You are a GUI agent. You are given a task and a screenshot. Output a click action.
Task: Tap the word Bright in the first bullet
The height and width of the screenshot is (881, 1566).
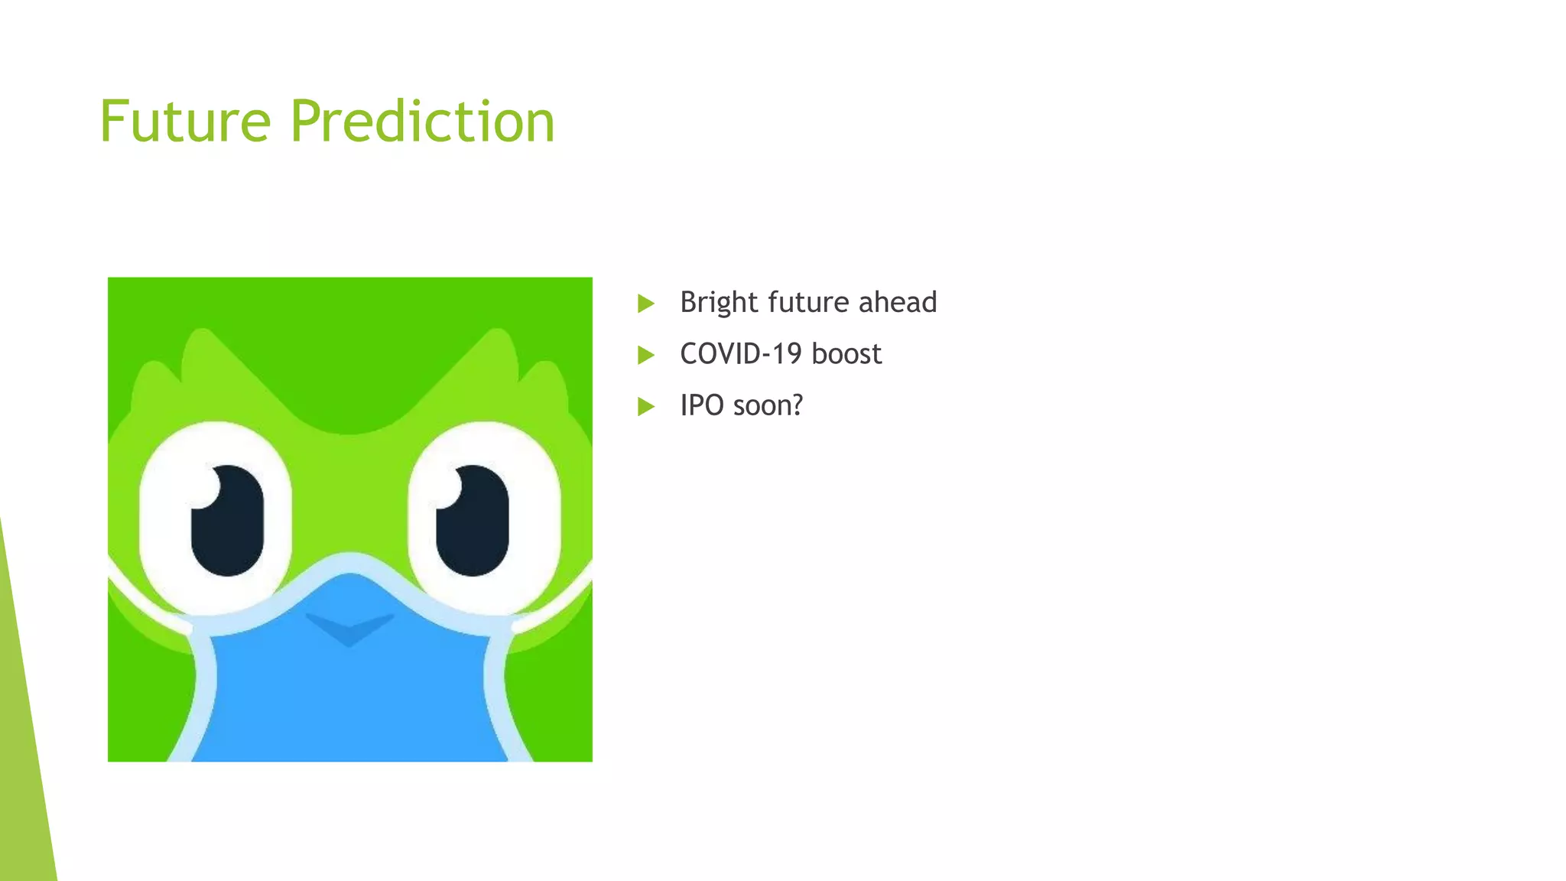point(719,302)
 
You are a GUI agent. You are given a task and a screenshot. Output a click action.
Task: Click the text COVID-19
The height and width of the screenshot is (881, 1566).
point(740,353)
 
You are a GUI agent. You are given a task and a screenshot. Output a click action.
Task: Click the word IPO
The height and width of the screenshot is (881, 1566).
point(701,405)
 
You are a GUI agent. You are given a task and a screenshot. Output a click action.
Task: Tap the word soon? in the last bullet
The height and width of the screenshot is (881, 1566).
point(767,405)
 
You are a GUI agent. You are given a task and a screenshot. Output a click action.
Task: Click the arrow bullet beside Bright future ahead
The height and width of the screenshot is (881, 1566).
point(646,304)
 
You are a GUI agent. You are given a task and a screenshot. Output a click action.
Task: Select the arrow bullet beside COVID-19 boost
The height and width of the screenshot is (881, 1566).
point(646,355)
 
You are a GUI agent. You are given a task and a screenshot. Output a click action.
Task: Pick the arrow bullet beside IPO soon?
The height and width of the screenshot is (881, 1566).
point(646,406)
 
